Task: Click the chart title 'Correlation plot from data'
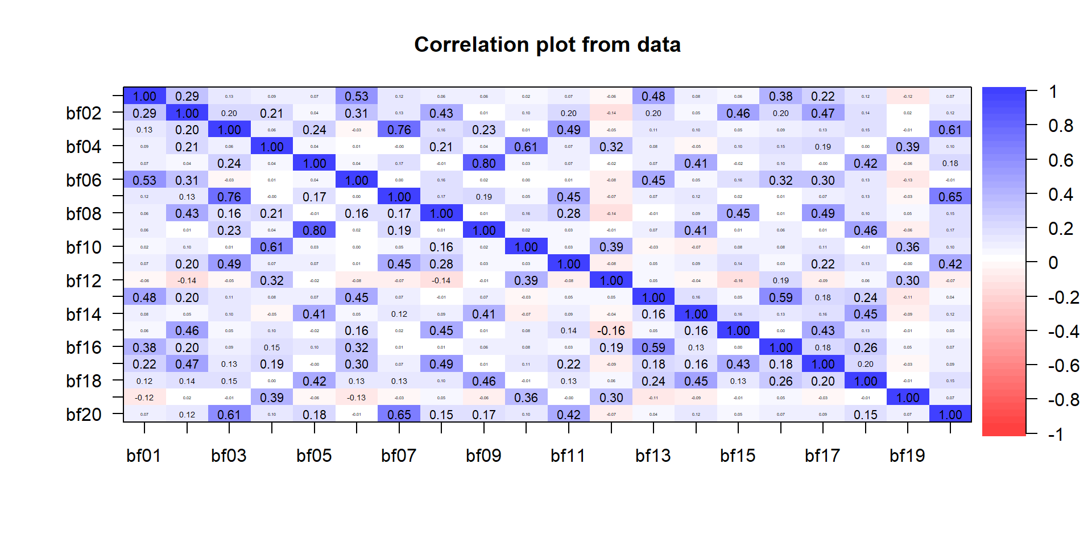coord(547,45)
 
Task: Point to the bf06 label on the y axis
coord(84,180)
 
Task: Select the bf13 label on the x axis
coord(653,456)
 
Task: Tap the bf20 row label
coord(84,415)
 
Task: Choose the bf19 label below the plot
coord(907,456)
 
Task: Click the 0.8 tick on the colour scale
coord(1061,126)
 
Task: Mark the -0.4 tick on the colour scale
coord(1063,332)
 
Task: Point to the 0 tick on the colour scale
coord(1053,263)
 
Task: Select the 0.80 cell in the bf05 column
coord(315,230)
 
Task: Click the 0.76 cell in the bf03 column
coord(229,197)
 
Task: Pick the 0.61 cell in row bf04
coord(526,147)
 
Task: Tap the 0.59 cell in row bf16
coord(653,348)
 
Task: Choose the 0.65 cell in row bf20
coord(399,415)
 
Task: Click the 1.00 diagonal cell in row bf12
coord(611,280)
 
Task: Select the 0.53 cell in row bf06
coord(144,180)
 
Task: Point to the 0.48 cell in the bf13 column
coord(653,97)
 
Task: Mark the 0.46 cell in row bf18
coord(484,381)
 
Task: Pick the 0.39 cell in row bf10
coord(611,247)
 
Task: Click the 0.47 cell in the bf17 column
coord(823,113)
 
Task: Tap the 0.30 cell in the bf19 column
coord(908,280)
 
